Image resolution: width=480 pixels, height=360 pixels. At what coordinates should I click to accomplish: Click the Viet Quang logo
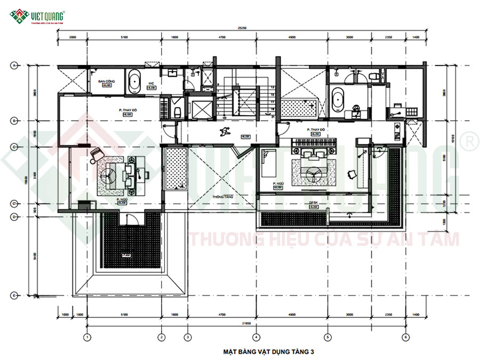coord(40,16)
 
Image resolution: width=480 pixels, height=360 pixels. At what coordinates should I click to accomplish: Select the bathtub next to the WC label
coord(134,82)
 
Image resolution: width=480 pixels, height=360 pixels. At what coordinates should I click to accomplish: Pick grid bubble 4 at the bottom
coord(257,337)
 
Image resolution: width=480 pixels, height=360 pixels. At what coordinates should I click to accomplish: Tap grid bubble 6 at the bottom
coord(406,337)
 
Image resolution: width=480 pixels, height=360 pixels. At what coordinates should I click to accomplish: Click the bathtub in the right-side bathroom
coord(338,100)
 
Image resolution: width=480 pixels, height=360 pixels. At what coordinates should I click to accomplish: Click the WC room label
coord(151,83)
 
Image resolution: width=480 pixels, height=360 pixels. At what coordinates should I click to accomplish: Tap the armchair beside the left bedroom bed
coord(95,154)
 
